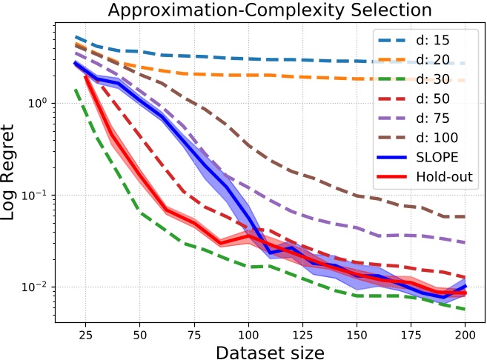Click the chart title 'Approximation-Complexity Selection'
pos(270,10)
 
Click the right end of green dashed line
pos(466,309)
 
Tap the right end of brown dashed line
pos(466,216)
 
